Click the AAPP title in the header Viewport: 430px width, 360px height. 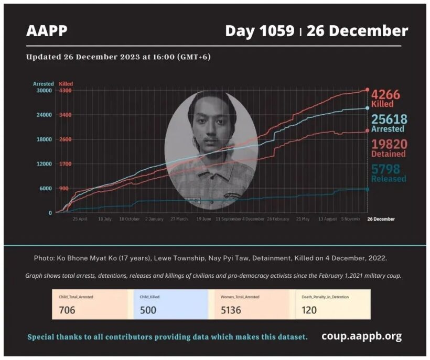pos(47,31)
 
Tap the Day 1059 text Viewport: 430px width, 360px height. pos(260,31)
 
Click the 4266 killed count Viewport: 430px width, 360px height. pos(385,95)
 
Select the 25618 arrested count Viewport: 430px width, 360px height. pos(389,119)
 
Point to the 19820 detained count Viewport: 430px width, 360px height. pos(389,144)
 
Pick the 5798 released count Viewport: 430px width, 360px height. pos(385,169)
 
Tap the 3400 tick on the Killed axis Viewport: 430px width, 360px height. pos(66,115)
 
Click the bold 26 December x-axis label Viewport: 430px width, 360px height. pos(381,219)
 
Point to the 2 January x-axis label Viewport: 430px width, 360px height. pos(154,219)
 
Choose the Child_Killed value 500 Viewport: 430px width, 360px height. pos(148,310)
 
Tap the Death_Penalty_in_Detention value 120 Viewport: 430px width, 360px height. pos(309,310)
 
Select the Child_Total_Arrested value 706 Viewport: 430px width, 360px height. pos(67,310)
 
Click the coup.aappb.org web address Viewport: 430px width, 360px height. pos(361,336)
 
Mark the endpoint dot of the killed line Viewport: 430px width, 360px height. pos(367,90)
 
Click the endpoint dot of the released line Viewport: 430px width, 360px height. pos(367,189)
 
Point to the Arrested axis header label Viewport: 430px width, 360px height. pos(43,84)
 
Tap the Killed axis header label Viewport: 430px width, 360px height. pos(66,84)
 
